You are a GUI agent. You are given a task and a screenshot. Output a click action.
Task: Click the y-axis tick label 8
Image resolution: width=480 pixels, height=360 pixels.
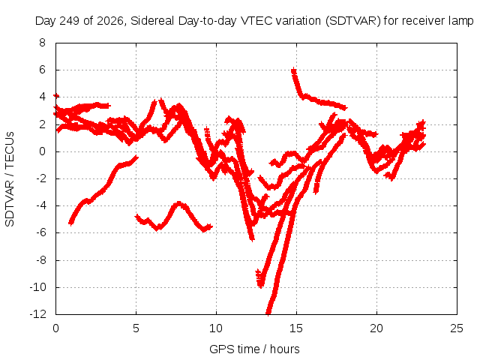(x=42, y=43)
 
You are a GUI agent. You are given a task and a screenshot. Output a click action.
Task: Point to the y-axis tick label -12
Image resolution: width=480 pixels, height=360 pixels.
(x=38, y=314)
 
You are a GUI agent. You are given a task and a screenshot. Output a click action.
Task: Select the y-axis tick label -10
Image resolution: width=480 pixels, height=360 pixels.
(x=38, y=287)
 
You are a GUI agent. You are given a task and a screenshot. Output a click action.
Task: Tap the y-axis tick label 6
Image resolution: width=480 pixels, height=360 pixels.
(x=42, y=70)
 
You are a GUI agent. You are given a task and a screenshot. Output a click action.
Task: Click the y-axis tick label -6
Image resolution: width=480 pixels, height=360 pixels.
(x=41, y=232)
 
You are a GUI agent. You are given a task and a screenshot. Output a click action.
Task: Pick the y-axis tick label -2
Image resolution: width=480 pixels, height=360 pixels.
(x=41, y=178)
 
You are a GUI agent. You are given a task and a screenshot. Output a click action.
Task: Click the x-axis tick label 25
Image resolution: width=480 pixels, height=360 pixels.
(x=457, y=328)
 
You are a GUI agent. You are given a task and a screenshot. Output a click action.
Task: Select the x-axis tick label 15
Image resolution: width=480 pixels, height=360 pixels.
(x=296, y=328)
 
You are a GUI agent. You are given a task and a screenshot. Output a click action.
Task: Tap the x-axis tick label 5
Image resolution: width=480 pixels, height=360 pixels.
(x=136, y=328)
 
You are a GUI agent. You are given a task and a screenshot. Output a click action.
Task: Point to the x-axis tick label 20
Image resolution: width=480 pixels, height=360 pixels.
(x=376, y=328)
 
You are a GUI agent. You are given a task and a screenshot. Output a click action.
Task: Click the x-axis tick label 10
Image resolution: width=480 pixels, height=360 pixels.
(x=216, y=328)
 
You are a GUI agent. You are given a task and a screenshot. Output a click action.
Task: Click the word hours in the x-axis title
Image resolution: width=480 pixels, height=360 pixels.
(x=285, y=349)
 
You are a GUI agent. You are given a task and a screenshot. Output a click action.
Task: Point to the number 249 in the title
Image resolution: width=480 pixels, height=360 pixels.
(x=70, y=21)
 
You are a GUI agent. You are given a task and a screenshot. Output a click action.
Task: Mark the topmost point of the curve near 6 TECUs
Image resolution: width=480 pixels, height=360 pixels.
(x=293, y=69)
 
